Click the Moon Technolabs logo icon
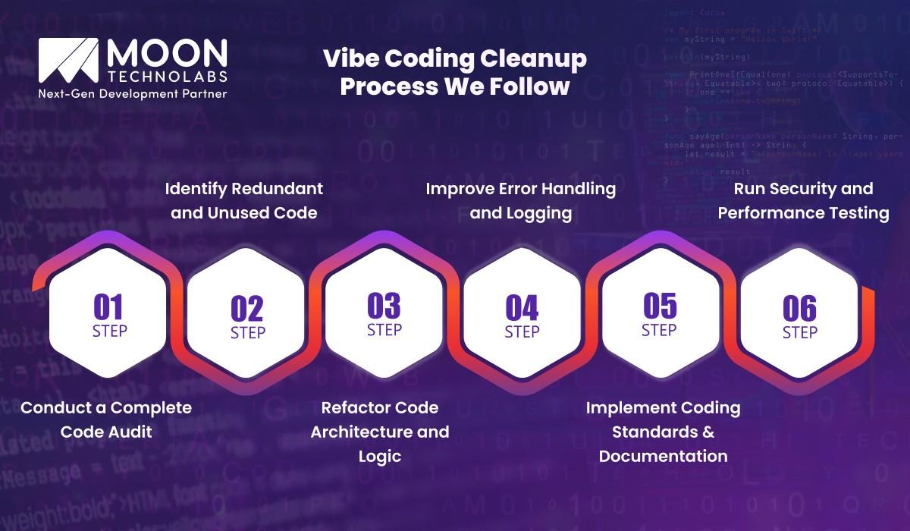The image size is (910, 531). (67, 61)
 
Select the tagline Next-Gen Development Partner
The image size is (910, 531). (133, 93)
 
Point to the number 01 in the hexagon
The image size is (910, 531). (108, 307)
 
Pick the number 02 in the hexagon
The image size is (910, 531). (247, 309)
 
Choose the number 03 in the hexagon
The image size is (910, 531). (384, 306)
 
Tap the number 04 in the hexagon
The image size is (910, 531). (522, 309)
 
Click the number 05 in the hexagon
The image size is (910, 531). (659, 306)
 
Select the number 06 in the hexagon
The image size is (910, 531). (799, 309)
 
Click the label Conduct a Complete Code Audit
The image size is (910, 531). (106, 419)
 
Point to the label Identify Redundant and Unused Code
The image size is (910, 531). (244, 200)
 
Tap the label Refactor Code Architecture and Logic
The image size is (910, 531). (380, 432)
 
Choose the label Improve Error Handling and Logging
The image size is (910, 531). (521, 200)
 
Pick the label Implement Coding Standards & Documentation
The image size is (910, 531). (663, 432)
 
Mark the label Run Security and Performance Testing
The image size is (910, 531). (803, 200)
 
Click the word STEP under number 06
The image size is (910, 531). (799, 332)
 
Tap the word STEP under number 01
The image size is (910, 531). (109, 331)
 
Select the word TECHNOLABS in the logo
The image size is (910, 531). (167, 78)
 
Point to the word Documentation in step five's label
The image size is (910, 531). (663, 456)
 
